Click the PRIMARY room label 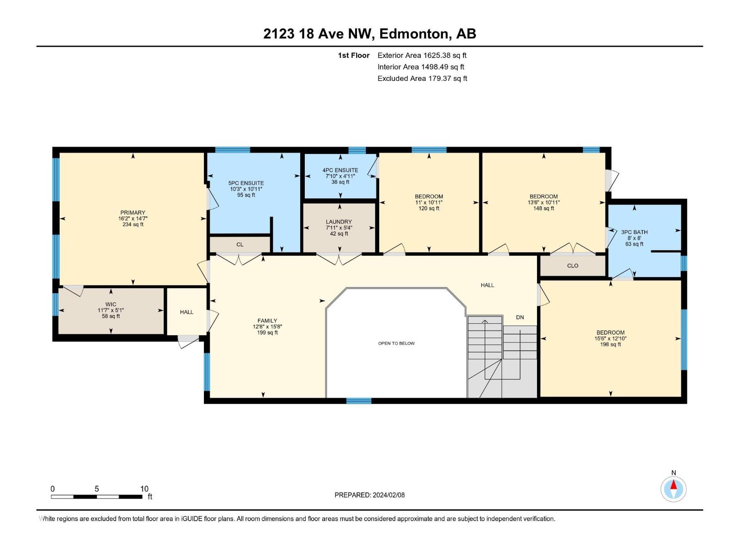click(133, 213)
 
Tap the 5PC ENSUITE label click(246, 183)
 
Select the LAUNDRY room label click(339, 222)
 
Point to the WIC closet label click(111, 304)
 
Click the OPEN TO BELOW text click(396, 343)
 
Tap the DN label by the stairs click(520, 317)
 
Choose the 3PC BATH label click(634, 232)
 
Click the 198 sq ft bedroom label click(610, 338)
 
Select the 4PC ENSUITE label click(340, 170)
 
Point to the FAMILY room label click(267, 321)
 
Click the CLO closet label click(573, 265)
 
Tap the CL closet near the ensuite click(240, 244)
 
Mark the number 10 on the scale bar click(144, 489)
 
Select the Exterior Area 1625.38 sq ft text click(422, 55)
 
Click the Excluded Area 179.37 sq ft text click(422, 78)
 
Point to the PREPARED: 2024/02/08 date click(370, 495)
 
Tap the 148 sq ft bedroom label click(543, 202)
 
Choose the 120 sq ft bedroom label click(429, 202)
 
